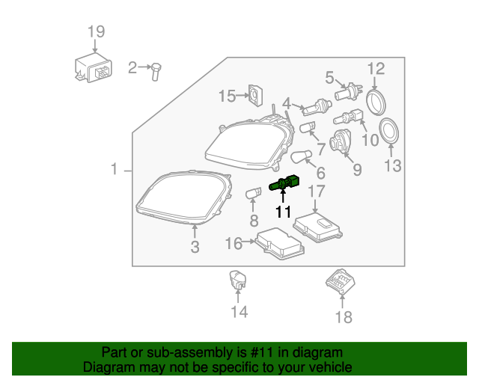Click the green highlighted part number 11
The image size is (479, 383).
pos(285,185)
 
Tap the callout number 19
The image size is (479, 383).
pos(96,32)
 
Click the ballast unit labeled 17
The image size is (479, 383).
pos(317,225)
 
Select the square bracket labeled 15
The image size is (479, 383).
pos(257,95)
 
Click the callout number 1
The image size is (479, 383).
pos(115,170)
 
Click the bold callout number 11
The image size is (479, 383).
pos(283,212)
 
